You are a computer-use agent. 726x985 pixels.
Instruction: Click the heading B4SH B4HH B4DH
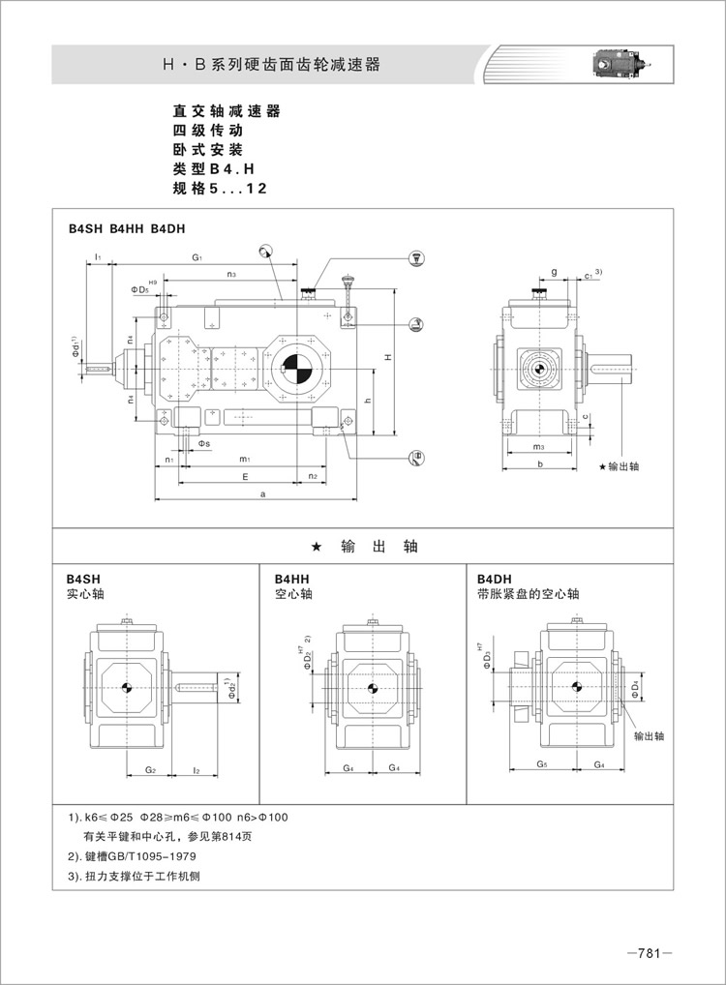126,229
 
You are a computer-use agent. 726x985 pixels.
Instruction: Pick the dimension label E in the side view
246,477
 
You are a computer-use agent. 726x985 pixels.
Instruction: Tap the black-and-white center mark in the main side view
293,369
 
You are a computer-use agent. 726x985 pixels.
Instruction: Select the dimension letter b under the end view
540,464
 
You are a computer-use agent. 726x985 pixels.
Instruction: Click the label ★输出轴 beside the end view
619,466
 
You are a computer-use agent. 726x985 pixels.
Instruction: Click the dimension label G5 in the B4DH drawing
542,765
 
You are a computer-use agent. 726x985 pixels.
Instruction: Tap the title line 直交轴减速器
226,111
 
